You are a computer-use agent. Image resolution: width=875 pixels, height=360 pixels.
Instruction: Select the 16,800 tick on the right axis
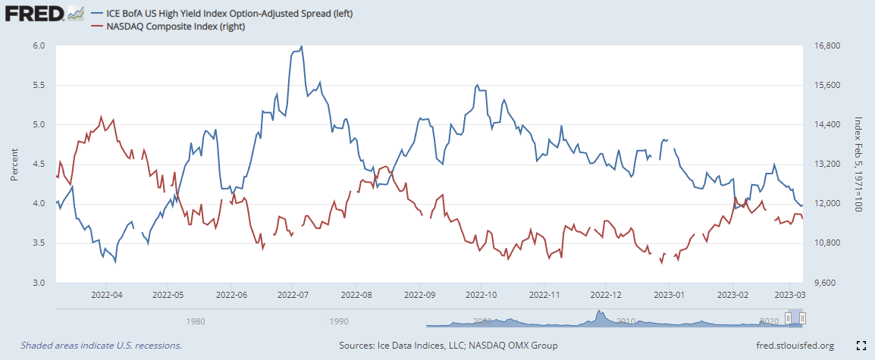pyautogui.click(x=823, y=45)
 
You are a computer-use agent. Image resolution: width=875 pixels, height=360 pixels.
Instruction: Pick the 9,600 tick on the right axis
pyautogui.click(x=821, y=283)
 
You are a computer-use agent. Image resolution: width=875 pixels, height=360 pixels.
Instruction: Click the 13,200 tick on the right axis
pyautogui.click(x=823, y=164)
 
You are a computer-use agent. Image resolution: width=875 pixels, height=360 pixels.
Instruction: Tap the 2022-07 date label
pyautogui.click(x=292, y=294)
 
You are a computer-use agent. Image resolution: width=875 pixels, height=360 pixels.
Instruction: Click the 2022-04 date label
pyautogui.click(x=106, y=294)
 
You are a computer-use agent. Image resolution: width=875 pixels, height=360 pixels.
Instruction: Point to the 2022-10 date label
pyautogui.click(x=481, y=294)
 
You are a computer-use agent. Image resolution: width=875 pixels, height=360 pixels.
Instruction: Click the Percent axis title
pyautogui.click(x=14, y=164)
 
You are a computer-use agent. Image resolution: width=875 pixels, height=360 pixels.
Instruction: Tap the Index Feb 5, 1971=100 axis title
pyautogui.click(x=859, y=164)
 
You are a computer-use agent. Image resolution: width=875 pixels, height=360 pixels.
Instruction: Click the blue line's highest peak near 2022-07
pyautogui.click(x=302, y=46)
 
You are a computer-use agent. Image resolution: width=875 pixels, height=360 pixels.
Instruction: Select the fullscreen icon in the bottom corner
pyautogui.click(x=861, y=346)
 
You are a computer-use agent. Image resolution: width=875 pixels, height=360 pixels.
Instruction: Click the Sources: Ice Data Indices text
pyautogui.click(x=449, y=346)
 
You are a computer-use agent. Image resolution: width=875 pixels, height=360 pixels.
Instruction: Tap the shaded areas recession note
pyautogui.click(x=101, y=346)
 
